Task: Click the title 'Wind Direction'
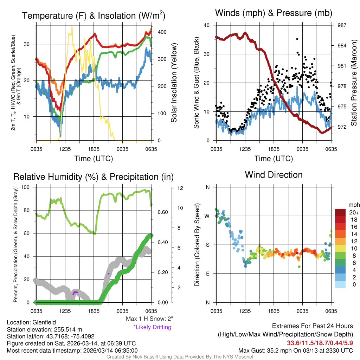(x=274, y=175)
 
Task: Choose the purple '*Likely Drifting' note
(x=152, y=327)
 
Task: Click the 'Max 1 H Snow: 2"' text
(x=150, y=319)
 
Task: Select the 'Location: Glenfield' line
(x=31, y=322)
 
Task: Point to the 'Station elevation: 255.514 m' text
(x=44, y=329)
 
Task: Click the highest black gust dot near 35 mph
(x=297, y=39)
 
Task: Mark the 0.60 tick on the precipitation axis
(x=162, y=212)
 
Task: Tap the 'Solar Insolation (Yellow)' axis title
(x=174, y=83)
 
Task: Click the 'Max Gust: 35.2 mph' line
(x=295, y=351)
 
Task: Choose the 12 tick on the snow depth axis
(x=180, y=188)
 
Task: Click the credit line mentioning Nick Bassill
(x=180, y=357)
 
